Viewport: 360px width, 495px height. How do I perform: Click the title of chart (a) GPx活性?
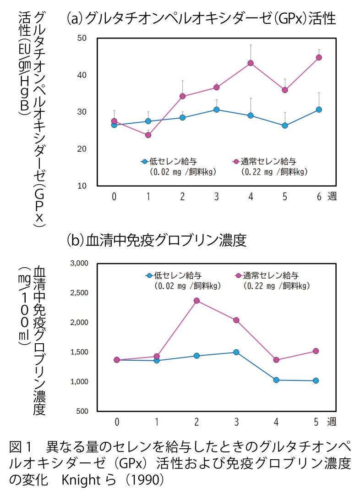tap(201, 18)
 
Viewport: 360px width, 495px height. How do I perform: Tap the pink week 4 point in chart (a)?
tap(251, 63)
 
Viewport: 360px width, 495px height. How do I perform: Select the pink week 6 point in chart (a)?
tap(319, 57)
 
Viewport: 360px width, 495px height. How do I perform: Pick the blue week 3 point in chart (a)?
tap(216, 110)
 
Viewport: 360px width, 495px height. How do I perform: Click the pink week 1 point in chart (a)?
tap(148, 135)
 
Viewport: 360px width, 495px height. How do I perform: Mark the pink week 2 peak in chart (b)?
tap(196, 301)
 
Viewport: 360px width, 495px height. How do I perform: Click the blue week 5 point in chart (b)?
tap(316, 380)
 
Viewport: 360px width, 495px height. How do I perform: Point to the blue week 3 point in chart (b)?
tap(236, 352)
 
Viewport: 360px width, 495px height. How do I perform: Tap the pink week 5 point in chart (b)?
tap(316, 351)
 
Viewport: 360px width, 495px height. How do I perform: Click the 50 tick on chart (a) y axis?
tap(82, 38)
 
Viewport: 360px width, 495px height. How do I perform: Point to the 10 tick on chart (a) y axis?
tap(82, 186)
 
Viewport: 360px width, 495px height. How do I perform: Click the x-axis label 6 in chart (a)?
tap(319, 197)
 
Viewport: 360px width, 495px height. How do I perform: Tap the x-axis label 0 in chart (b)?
tap(117, 421)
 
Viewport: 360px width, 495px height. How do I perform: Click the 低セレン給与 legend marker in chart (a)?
tap(145, 161)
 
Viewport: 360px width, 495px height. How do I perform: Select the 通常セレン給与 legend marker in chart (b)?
tap(238, 276)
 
